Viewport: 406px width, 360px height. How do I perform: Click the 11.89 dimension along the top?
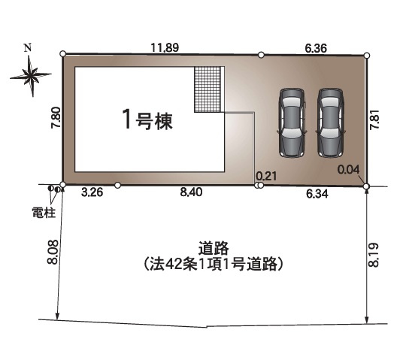tap(164, 47)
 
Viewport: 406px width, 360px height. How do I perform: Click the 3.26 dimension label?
tap(91, 192)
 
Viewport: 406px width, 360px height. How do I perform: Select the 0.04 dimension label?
tap(348, 170)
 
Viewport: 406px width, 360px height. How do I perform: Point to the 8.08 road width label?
tap(52, 252)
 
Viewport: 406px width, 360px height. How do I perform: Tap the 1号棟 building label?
tap(147, 120)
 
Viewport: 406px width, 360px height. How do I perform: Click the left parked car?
tap(292, 122)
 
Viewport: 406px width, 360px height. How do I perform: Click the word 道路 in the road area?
tap(214, 247)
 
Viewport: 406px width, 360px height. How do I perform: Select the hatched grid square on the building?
tap(208, 89)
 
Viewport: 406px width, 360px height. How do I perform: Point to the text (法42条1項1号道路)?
tap(213, 264)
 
